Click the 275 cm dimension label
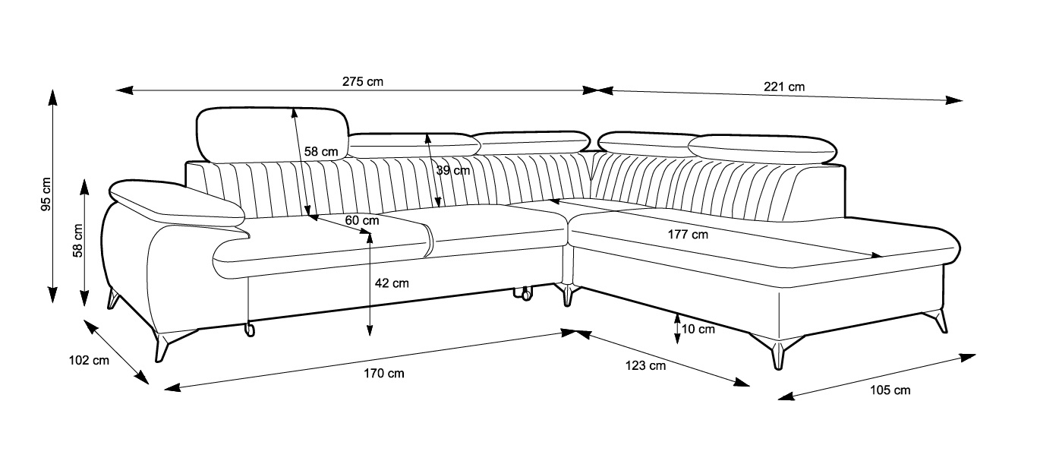point(363,82)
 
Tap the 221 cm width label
point(784,87)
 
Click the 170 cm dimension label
point(384,373)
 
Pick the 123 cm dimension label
point(645,365)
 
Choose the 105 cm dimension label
point(890,390)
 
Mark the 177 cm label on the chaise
point(688,235)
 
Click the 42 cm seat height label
point(392,283)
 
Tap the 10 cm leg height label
point(698,329)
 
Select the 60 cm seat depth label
point(361,220)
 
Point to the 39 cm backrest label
point(453,171)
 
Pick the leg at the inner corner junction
point(567,295)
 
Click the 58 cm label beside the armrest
point(77,241)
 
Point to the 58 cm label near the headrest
point(321,151)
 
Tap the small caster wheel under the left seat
point(248,329)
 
